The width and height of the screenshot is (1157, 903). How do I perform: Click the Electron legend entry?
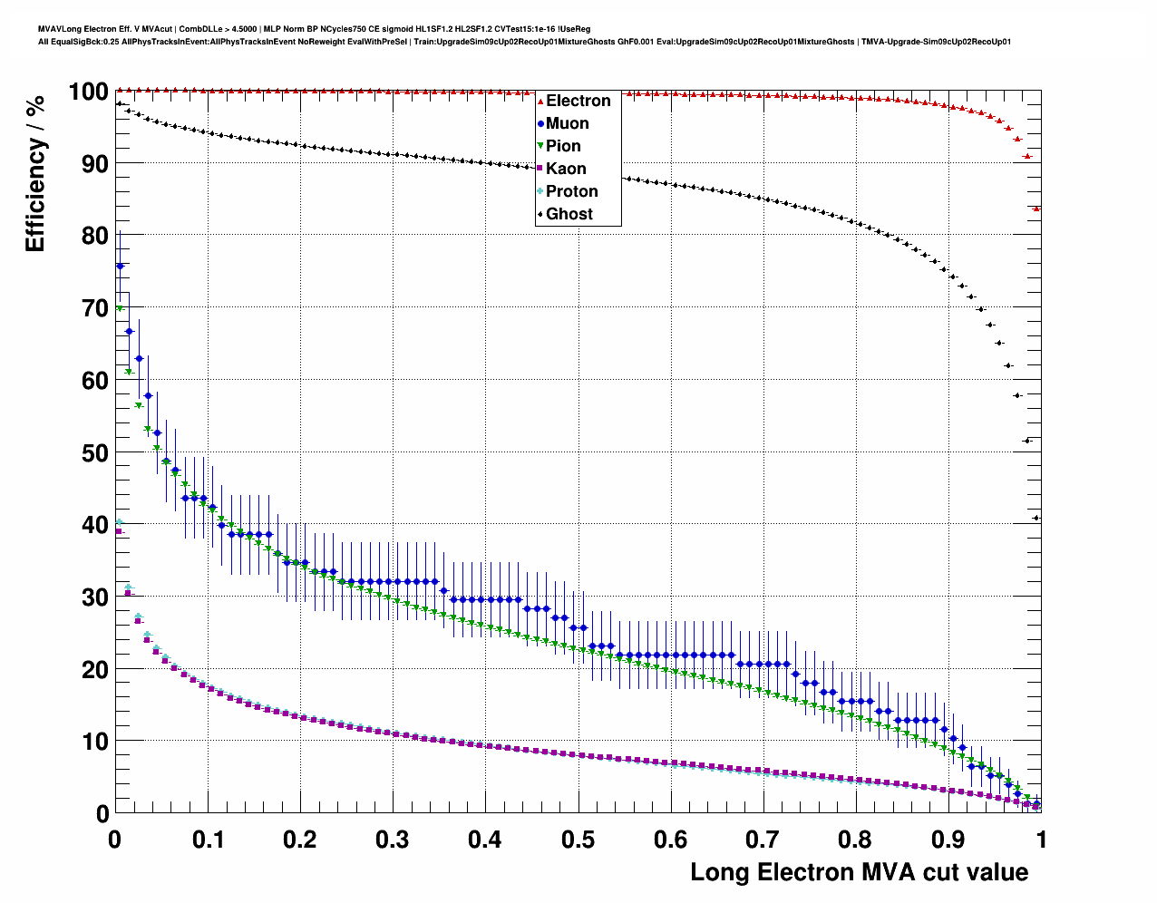(578, 101)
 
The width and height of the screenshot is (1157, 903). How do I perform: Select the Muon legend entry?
(567, 123)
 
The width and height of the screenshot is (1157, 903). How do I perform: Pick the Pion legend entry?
(562, 146)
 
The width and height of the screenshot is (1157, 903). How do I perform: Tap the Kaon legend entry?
(565, 169)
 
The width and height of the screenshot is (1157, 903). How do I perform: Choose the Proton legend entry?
(571, 191)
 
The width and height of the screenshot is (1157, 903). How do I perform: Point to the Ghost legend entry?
(569, 214)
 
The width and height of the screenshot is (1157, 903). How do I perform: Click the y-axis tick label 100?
(88, 92)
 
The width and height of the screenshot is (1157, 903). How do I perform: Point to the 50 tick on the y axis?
(94, 452)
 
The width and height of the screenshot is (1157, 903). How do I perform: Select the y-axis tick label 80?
(94, 236)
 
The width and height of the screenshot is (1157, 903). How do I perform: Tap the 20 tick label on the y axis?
(94, 669)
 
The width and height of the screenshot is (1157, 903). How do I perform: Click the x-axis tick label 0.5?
(578, 840)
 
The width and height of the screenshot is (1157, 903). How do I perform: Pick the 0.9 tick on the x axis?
(948, 840)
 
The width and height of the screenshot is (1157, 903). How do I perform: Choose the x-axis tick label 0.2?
(300, 840)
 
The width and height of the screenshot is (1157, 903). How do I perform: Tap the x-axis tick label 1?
(1041, 840)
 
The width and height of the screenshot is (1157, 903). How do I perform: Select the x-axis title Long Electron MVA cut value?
(859, 872)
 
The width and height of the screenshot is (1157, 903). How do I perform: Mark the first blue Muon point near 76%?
(120, 266)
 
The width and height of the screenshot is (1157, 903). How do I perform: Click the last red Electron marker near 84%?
(1036, 209)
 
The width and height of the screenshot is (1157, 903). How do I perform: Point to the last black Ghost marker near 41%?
(1036, 518)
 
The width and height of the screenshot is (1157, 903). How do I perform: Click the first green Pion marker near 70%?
(120, 308)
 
